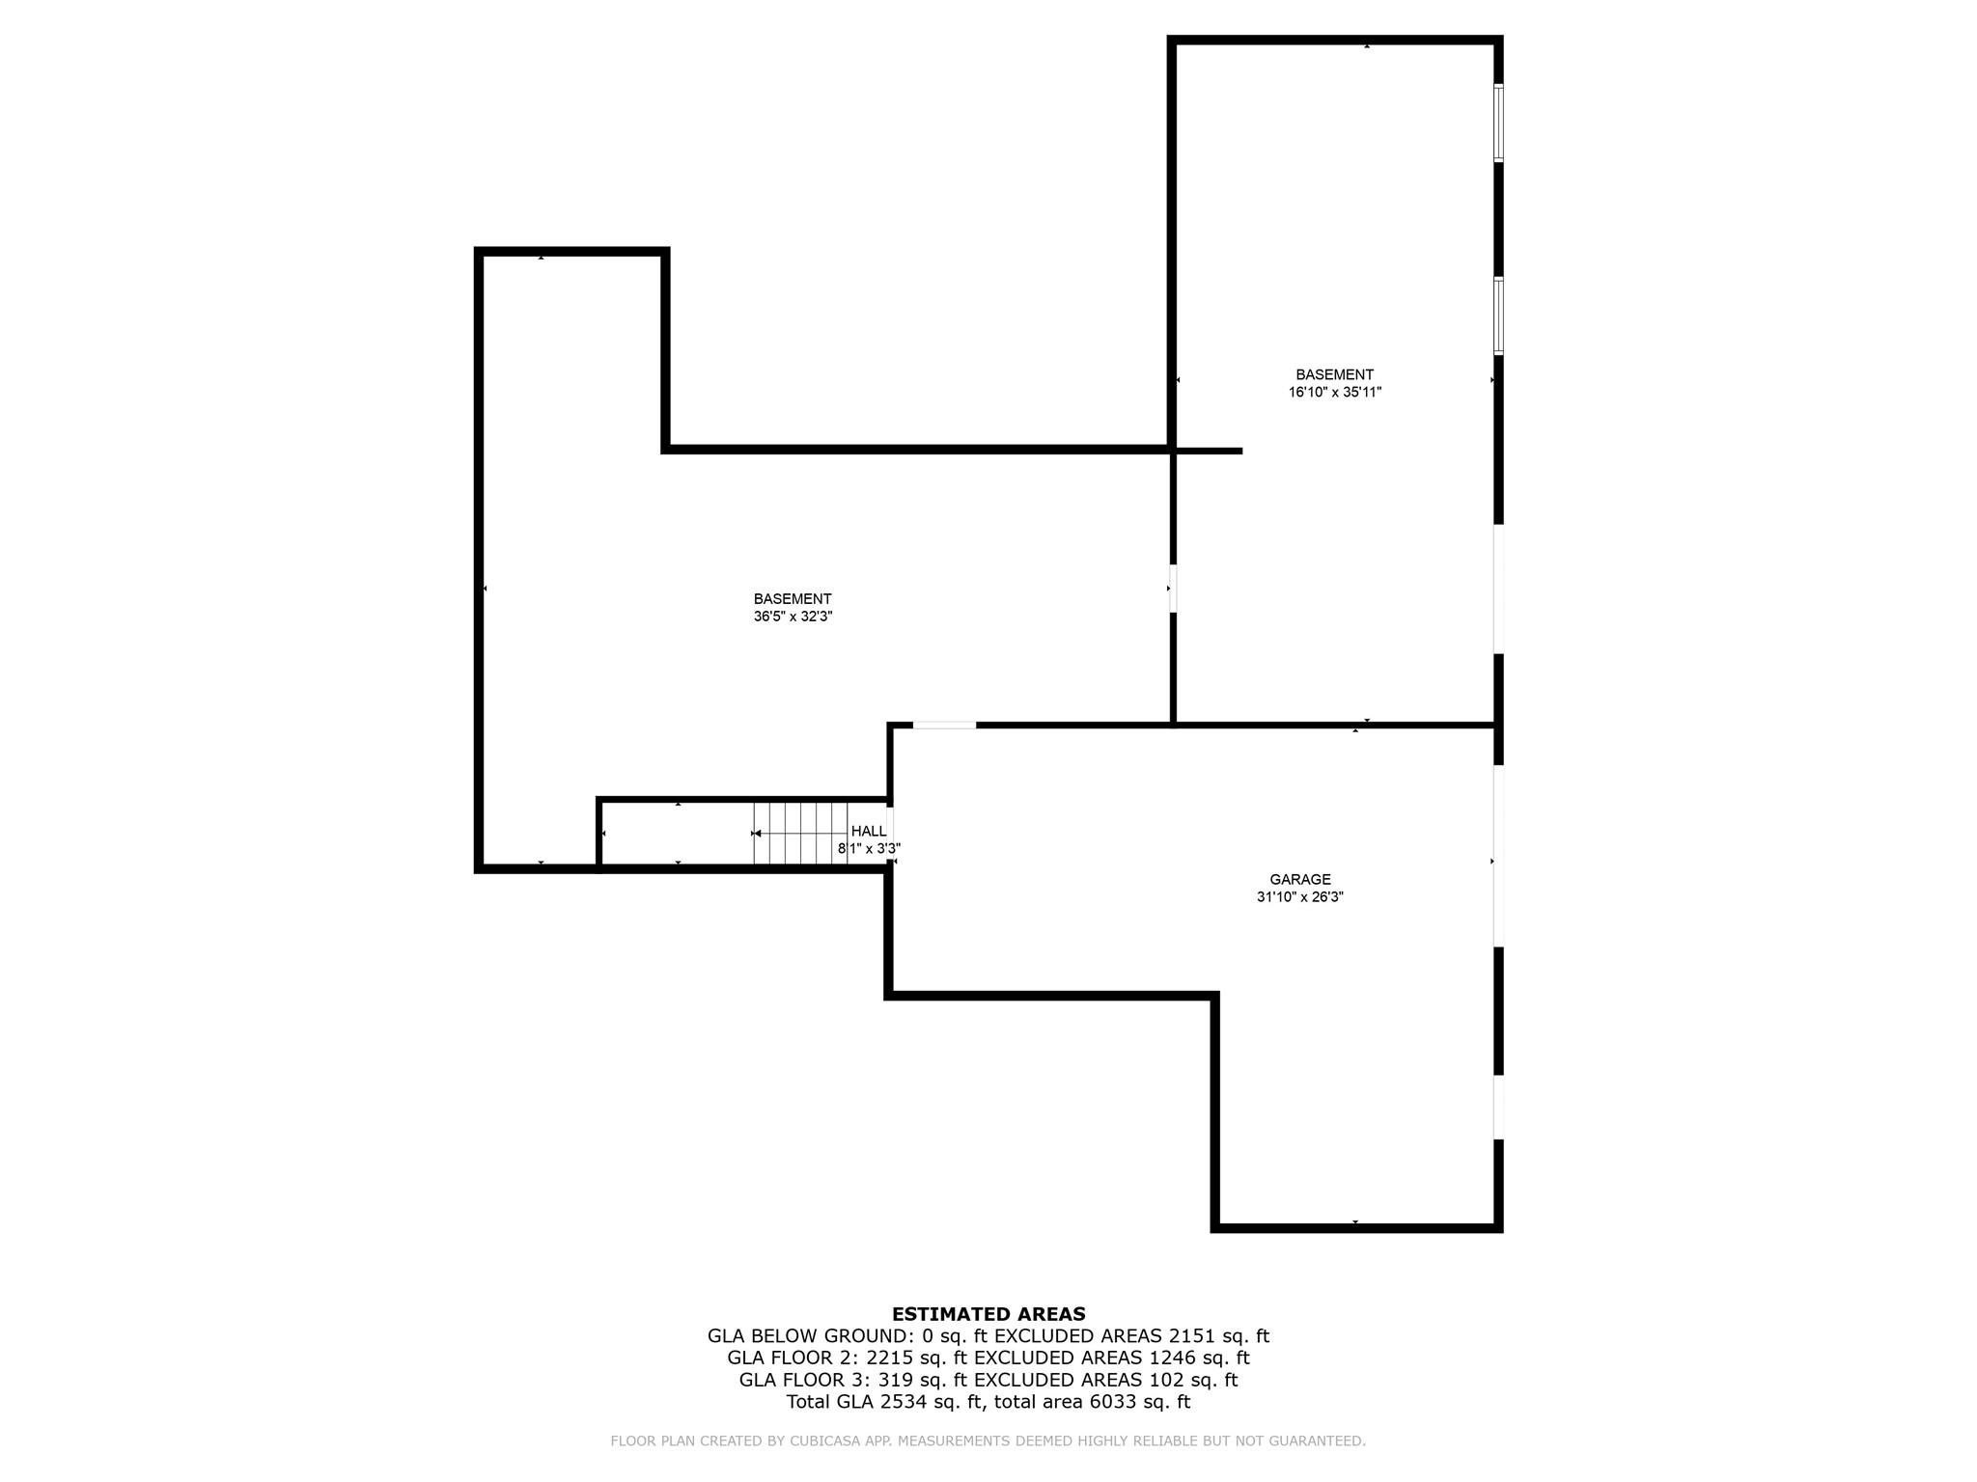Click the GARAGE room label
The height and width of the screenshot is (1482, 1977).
pos(1299,879)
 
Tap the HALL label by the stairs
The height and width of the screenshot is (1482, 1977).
pos(869,831)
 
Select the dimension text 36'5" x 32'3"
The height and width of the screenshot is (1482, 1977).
pos(793,616)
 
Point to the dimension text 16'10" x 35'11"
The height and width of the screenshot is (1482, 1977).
pos(1335,392)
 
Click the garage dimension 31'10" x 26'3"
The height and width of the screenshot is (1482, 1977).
pos(1299,896)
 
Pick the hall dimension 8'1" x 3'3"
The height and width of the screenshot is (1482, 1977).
pos(869,848)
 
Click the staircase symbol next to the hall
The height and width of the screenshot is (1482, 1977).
pos(800,833)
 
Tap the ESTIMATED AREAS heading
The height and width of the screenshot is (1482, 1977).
pos(988,1313)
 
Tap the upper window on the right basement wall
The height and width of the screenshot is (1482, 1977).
pos(1498,123)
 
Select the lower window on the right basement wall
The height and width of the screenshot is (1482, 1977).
pos(1498,316)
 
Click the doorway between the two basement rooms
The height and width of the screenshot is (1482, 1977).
pos(1173,589)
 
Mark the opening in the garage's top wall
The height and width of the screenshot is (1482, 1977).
pos(944,725)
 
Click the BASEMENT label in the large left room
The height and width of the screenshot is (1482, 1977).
pos(793,598)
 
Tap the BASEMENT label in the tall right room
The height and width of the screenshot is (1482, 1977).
pos(1334,374)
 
